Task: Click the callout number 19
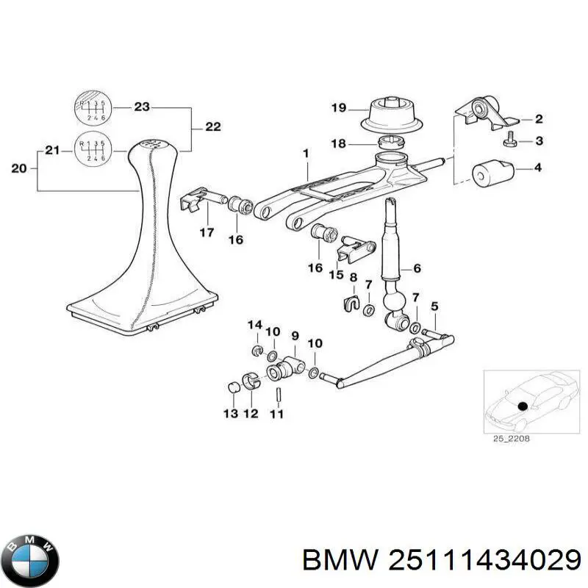tap(337, 108)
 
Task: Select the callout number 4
tap(538, 168)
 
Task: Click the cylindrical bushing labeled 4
tap(490, 174)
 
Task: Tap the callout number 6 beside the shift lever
tap(417, 269)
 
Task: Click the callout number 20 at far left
tap(20, 169)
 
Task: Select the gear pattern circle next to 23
tap(90, 107)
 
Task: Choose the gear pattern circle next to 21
tap(90, 150)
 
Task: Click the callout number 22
tap(212, 127)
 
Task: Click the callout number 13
tap(230, 415)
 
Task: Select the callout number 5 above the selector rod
tap(434, 306)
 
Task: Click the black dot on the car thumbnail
tap(523, 406)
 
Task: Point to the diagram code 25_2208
tap(506, 440)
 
